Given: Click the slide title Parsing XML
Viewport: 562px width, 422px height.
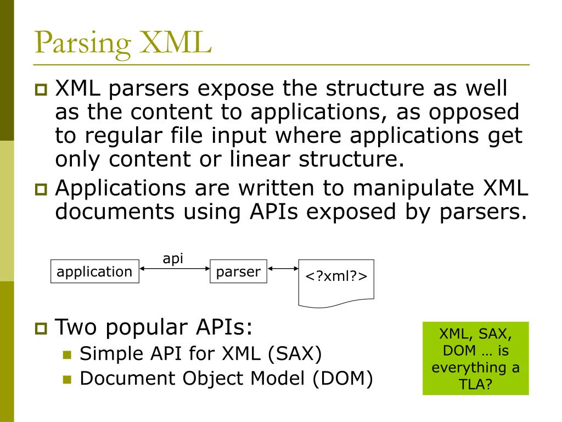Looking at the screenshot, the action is [122, 42].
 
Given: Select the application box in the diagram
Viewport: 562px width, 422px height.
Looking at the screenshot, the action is [94, 271].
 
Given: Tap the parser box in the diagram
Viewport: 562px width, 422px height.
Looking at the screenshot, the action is [238, 271].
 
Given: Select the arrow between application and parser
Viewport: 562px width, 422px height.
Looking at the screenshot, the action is [175, 269].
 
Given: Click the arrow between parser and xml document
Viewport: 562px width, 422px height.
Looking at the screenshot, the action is [282, 269].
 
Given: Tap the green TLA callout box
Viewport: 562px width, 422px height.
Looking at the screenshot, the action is [475, 358].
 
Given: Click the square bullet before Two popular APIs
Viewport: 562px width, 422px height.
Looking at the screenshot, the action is [41, 329].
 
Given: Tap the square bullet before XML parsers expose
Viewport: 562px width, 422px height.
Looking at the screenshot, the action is [41, 89].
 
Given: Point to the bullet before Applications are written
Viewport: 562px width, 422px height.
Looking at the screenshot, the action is [41, 190].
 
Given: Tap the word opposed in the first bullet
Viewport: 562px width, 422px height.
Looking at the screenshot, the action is [474, 112].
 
